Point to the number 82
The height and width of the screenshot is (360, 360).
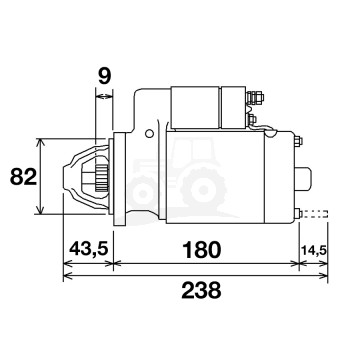pyautogui.click(x=19, y=176)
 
